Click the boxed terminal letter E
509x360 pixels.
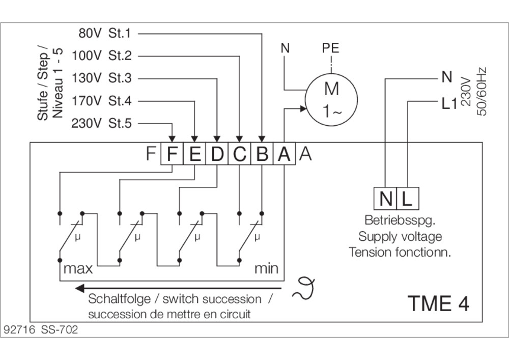coord(194,154)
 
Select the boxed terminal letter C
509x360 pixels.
coord(239,154)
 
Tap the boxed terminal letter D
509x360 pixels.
coord(217,154)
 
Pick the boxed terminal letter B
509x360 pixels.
coord(262,154)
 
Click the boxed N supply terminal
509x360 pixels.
coord(385,199)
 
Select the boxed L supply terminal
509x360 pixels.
coord(407,199)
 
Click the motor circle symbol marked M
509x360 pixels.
coord(331,98)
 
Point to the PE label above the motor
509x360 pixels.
coord(331,49)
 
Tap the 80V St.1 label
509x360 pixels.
coord(104,34)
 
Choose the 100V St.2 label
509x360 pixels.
coord(102,56)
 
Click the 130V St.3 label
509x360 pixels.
coord(102,78)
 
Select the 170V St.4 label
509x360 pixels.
coord(102,101)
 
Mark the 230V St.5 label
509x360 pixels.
coord(102,123)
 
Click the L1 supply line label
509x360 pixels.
coord(446,105)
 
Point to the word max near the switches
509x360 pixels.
coord(78,268)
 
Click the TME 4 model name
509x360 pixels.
coord(438,303)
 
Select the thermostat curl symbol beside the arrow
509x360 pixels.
coord(302,288)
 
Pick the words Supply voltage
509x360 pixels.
coord(400,237)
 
